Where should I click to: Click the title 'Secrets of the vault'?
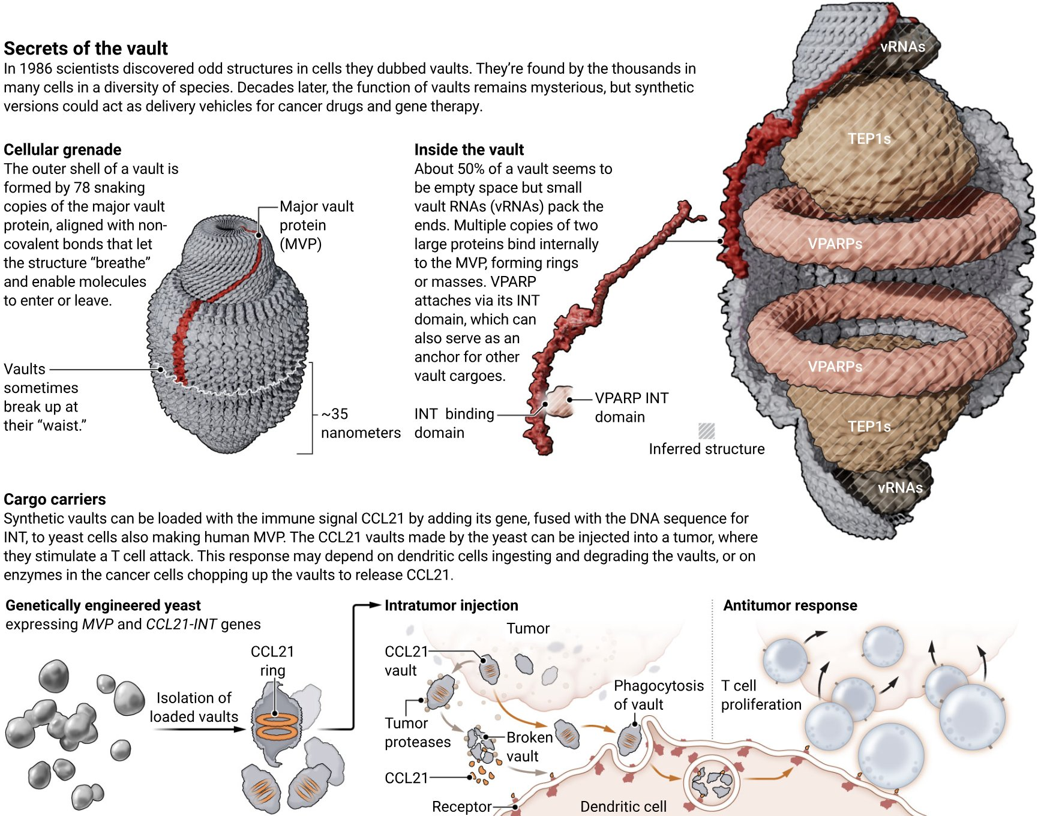86,49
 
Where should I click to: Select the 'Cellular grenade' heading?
62,149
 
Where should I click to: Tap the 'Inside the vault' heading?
469,149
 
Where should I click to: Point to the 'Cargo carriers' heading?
55,499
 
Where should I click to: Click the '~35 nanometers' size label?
360,423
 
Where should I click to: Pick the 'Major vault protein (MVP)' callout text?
316,225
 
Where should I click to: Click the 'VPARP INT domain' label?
631,407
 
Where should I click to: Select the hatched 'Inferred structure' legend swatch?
707,431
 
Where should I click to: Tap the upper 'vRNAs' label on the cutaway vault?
902,47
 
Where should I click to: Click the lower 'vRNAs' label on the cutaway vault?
900,488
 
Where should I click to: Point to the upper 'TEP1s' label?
869,139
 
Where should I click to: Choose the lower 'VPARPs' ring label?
835,367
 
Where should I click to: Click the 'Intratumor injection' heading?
451,605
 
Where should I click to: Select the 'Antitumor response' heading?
790,605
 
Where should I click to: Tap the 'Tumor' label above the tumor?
528,628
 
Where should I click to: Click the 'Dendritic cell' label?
623,806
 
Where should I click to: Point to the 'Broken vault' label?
529,746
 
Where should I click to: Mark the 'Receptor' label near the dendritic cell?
461,806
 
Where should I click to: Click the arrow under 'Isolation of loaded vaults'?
198,729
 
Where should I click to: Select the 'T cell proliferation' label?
761,695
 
